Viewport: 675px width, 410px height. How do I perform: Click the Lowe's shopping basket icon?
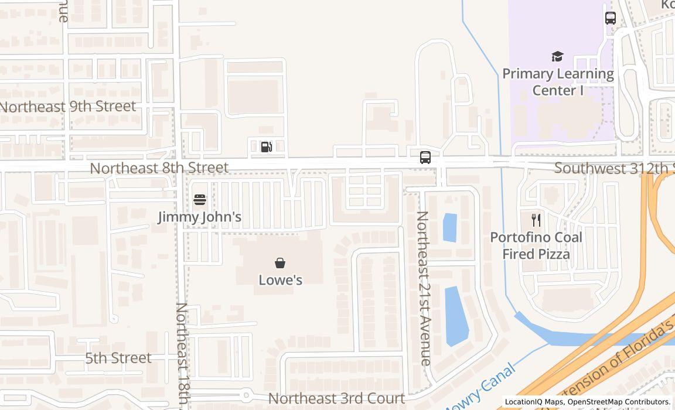[x=280, y=263]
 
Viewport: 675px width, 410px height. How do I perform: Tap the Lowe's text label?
[x=281, y=280]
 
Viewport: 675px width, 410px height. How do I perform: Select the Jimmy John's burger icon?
[x=200, y=200]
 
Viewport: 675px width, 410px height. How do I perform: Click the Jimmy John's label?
[x=200, y=217]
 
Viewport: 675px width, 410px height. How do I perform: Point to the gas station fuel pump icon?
[x=267, y=146]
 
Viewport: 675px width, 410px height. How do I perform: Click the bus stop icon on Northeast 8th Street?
[x=425, y=158]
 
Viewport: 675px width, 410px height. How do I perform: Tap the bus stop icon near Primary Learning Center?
[x=611, y=18]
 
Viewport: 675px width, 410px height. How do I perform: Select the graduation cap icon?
[x=557, y=57]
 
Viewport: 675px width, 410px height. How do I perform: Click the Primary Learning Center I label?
[x=558, y=82]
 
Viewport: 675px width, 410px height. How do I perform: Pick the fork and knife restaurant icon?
[x=536, y=220]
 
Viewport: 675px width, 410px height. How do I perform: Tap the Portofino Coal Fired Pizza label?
[x=536, y=245]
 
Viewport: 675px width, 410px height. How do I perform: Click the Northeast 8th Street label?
[x=159, y=168]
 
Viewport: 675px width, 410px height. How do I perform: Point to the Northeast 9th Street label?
[x=68, y=107]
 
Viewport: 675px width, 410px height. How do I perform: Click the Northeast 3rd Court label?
[x=336, y=399]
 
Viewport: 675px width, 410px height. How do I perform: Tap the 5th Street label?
[x=118, y=358]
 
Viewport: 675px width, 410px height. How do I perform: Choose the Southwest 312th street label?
[x=613, y=169]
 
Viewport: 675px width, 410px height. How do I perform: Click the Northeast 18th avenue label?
[x=182, y=354]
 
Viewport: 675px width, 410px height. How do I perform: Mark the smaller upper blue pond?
[x=449, y=228]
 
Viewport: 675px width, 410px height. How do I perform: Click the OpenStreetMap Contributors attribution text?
[x=618, y=402]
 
